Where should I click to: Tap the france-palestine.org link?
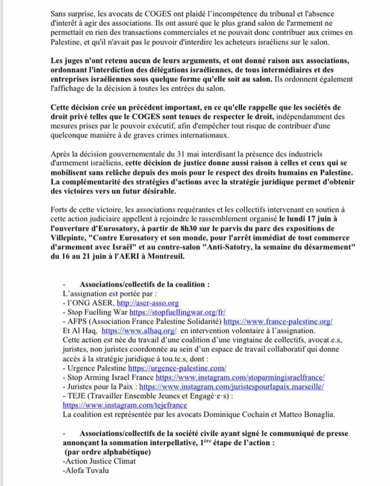[278, 321]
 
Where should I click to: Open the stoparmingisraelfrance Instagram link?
[240, 377]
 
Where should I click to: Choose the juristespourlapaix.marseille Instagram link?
[232, 387]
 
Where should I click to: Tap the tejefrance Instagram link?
[125, 405]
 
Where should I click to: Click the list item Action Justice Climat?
[99, 461]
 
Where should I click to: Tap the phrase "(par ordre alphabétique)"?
[108, 451]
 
